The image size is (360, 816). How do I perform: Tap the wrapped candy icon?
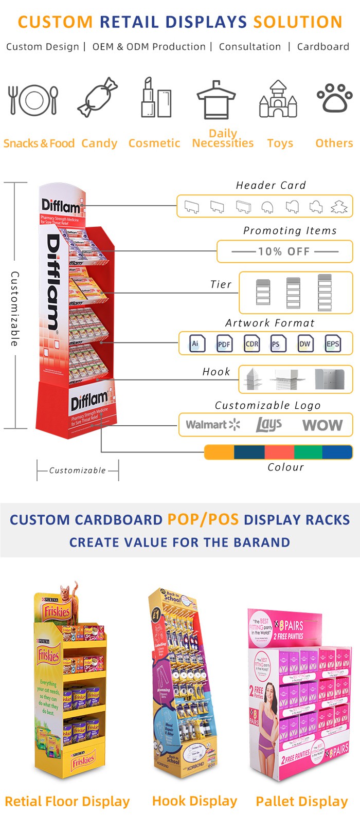(98, 97)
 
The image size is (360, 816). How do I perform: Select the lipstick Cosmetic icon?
(156, 98)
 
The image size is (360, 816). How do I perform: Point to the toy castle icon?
(278, 99)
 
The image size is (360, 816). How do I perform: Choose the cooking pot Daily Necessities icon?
(216, 100)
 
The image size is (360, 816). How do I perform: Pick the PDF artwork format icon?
(224, 344)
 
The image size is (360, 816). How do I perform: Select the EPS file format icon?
(332, 343)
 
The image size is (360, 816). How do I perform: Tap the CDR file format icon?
(251, 343)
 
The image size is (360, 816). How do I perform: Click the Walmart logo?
(212, 425)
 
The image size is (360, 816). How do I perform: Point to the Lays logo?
(268, 424)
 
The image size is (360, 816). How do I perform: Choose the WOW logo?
(322, 425)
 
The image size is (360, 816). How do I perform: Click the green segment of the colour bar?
(308, 452)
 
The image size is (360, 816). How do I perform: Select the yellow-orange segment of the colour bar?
(220, 452)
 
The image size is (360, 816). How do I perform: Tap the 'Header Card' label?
(271, 185)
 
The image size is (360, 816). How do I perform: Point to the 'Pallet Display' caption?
(302, 801)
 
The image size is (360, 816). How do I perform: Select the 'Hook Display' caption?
(194, 801)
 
